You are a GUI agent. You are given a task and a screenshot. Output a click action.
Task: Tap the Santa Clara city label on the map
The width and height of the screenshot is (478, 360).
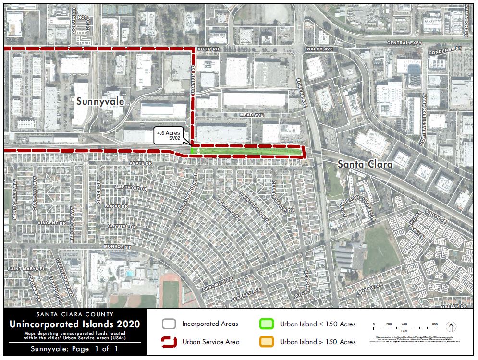point(365,164)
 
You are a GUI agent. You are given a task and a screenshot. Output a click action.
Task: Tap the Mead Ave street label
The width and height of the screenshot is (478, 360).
point(252,115)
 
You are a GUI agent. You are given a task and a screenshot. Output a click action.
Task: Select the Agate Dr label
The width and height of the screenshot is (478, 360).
point(141,163)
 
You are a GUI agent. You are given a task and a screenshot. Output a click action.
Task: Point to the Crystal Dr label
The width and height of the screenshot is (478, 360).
point(117,226)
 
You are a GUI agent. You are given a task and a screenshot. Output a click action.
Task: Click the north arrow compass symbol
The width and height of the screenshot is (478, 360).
point(452,327)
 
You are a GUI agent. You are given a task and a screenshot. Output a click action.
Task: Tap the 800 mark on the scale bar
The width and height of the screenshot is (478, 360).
point(435,324)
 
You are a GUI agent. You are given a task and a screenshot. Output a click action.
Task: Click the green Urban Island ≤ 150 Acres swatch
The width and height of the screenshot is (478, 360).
point(267,324)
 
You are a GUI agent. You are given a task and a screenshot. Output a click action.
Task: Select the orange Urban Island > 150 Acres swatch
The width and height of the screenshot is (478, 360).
point(267,342)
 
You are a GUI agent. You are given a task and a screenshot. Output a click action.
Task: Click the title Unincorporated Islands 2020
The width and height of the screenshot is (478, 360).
point(75,324)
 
